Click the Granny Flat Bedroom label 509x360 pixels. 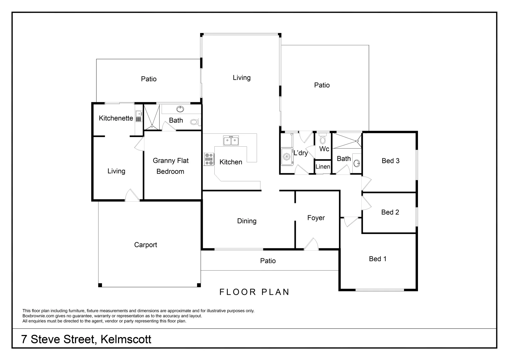click(x=170, y=166)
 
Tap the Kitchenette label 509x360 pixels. click(x=116, y=118)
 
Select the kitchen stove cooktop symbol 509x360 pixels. click(x=209, y=159)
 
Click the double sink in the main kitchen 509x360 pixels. click(x=231, y=141)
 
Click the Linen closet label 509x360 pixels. click(x=323, y=167)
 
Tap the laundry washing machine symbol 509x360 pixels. click(x=286, y=157)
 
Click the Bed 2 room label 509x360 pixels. click(x=390, y=212)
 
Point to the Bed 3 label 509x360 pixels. click(x=390, y=161)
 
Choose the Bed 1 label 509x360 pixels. click(x=377, y=259)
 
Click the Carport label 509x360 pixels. click(x=145, y=245)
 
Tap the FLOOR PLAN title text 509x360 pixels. click(x=254, y=292)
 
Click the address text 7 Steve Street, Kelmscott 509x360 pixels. click(x=86, y=339)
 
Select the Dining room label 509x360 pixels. click(x=247, y=221)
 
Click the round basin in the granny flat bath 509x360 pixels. click(x=180, y=109)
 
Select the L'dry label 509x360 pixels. click(x=300, y=153)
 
